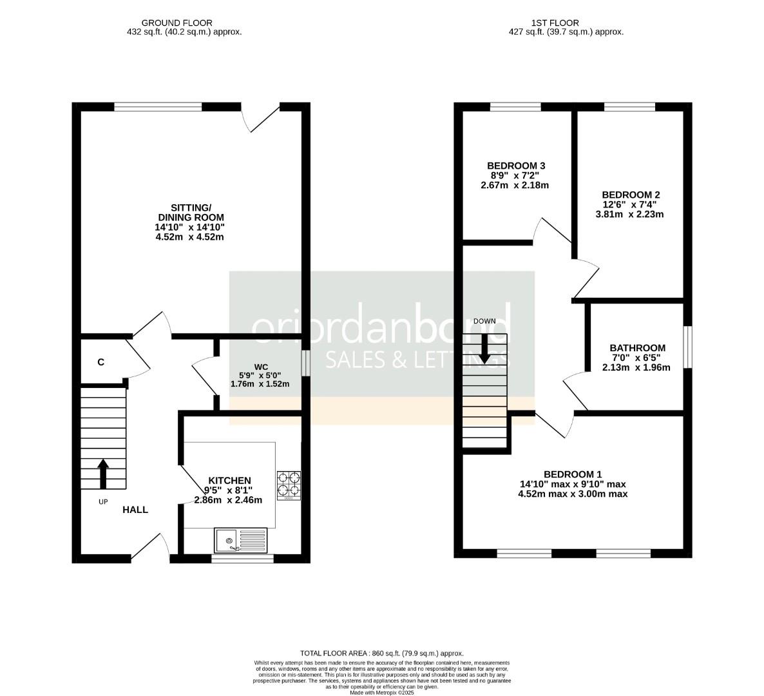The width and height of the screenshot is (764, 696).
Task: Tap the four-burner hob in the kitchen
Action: pyautogui.click(x=289, y=486)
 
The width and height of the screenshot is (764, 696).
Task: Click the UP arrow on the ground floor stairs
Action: pyautogui.click(x=103, y=474)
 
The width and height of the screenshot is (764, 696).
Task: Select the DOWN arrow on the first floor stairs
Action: pyautogui.click(x=484, y=349)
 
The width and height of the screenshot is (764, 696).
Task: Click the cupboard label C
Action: pyautogui.click(x=100, y=362)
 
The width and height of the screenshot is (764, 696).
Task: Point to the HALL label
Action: pyautogui.click(x=135, y=510)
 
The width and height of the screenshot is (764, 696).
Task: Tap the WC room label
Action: pyautogui.click(x=261, y=367)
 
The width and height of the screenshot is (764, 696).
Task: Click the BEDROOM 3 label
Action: pyautogui.click(x=516, y=165)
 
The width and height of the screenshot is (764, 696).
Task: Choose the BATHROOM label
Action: pyautogui.click(x=637, y=348)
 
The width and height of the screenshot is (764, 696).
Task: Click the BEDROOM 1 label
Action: pyautogui.click(x=573, y=474)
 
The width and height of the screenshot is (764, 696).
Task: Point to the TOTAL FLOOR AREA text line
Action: pyautogui.click(x=382, y=653)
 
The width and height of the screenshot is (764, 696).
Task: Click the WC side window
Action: pyautogui.click(x=305, y=362)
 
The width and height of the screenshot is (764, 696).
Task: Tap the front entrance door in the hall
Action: pyautogui.click(x=151, y=548)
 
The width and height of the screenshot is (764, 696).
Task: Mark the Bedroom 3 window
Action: pyautogui.click(x=515, y=107)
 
